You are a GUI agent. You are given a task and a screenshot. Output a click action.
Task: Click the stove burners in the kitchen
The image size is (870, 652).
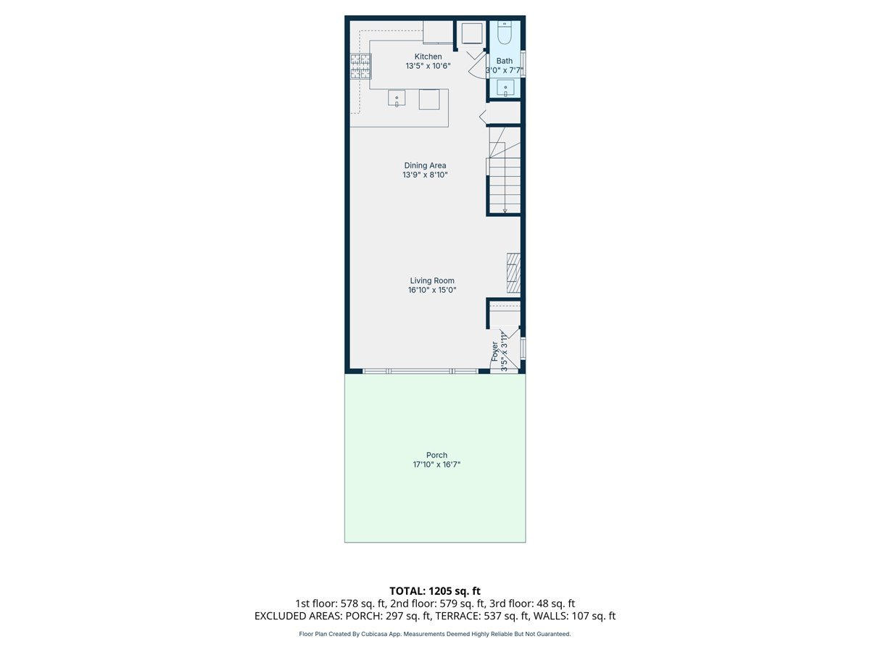(361, 67)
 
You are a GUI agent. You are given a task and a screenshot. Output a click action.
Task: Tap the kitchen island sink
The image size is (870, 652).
(397, 99)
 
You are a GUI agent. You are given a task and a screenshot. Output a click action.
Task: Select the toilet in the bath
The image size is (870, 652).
(505, 33)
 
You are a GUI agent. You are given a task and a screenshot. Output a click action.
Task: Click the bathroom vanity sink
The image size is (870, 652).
(505, 88)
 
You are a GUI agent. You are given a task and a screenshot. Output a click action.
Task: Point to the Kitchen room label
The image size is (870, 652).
(428, 57)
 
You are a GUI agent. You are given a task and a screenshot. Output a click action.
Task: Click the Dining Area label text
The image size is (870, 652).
(425, 165)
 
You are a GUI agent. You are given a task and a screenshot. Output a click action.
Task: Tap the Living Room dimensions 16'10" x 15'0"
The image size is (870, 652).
(432, 291)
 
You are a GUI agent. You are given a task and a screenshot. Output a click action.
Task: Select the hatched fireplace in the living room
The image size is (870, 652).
(513, 272)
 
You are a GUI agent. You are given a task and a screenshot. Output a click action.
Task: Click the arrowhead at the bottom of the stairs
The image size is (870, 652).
(505, 210)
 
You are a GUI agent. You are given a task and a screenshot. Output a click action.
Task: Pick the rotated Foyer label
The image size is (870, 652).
(495, 351)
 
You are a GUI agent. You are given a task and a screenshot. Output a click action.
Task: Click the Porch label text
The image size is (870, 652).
(436, 455)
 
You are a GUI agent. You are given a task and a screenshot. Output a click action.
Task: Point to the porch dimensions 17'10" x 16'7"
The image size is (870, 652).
(436, 465)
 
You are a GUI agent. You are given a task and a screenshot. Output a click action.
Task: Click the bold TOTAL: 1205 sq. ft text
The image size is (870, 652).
(435, 591)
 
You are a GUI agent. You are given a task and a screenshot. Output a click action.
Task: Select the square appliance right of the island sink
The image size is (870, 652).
(429, 99)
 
